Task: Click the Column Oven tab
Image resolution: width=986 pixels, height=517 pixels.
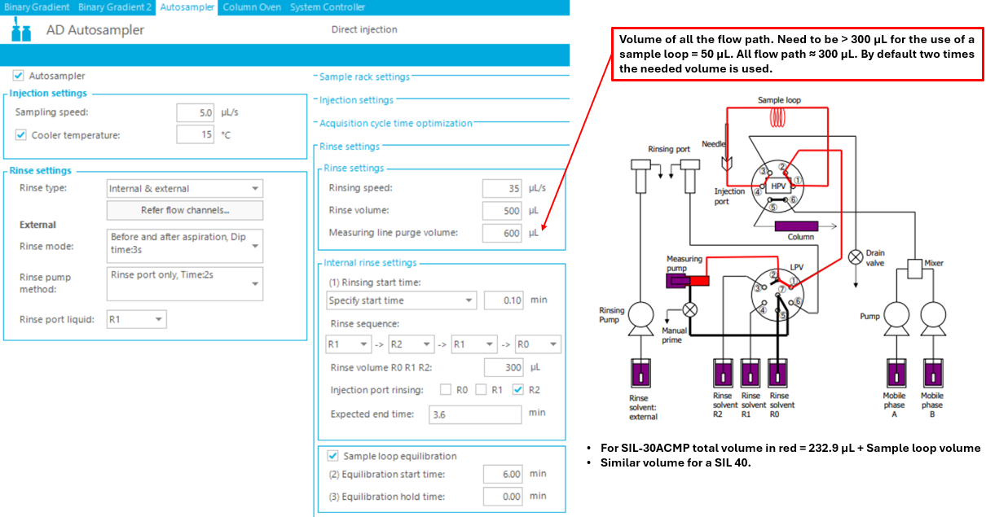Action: click(252, 7)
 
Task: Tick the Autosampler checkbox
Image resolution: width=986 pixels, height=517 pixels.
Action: click(19, 76)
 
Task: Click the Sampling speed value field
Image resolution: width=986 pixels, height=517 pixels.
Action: click(196, 112)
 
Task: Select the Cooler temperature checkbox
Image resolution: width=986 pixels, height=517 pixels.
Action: click(21, 135)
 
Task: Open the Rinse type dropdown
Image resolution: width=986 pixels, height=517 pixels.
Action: click(185, 189)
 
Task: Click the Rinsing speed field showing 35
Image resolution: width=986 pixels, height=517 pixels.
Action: click(502, 188)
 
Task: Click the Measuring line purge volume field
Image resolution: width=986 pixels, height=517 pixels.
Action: click(502, 233)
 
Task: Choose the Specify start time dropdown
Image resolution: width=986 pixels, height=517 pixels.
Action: click(401, 300)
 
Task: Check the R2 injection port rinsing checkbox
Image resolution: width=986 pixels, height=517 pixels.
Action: click(518, 390)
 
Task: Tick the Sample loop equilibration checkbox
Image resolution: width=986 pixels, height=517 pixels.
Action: click(332, 456)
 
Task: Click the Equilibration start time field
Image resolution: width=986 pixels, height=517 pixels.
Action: click(502, 474)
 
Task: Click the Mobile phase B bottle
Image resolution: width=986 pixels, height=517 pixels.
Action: click(932, 375)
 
